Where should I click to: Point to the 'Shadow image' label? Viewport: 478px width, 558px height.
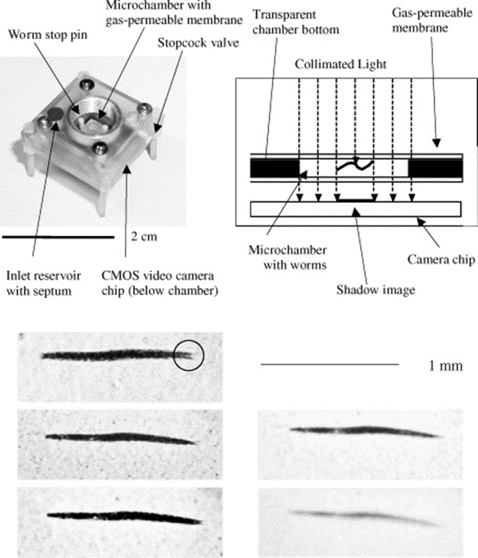pyautogui.click(x=375, y=289)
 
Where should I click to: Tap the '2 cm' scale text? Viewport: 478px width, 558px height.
pyautogui.click(x=142, y=236)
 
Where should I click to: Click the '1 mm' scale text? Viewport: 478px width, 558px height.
pyautogui.click(x=443, y=366)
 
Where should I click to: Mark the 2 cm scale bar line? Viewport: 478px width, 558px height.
pyautogui.click(x=62, y=236)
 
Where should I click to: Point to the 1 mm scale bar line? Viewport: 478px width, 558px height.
pyautogui.click(x=330, y=364)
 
